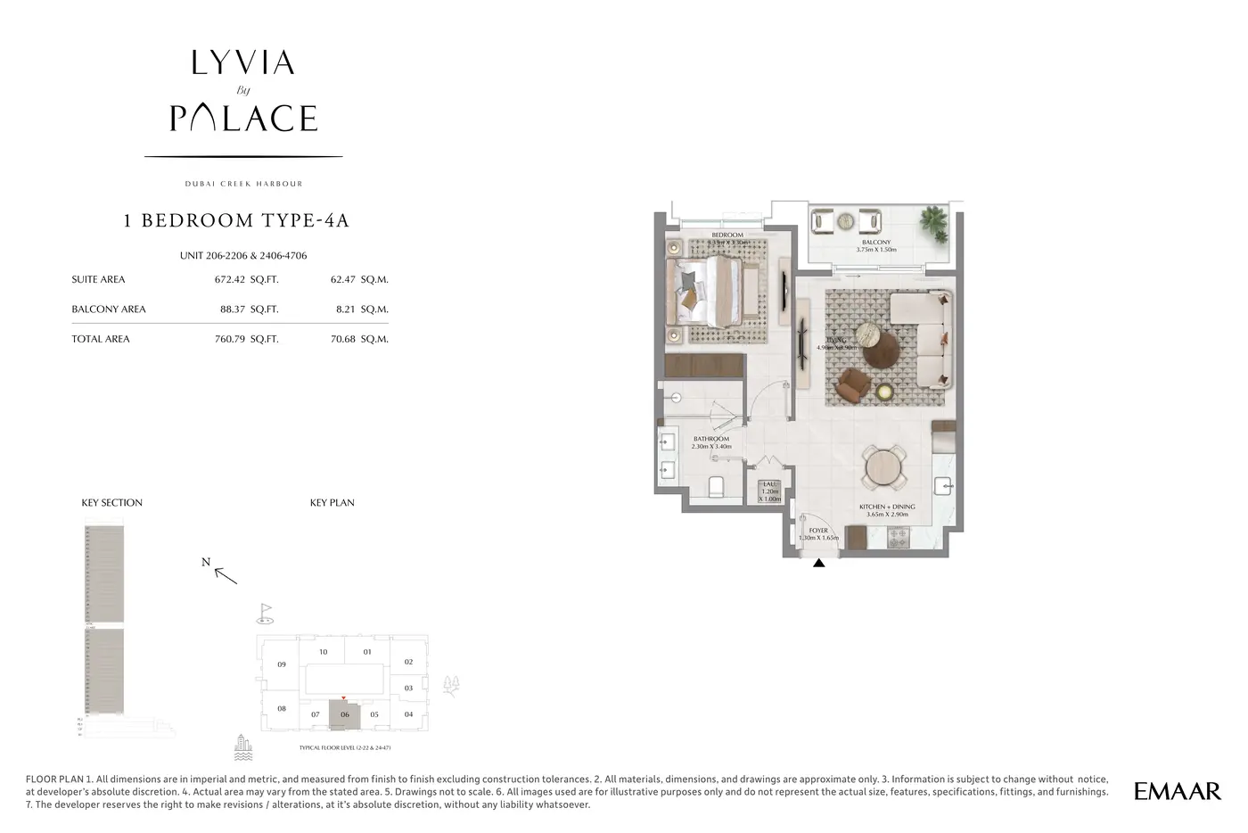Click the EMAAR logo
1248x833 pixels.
pos(1177,791)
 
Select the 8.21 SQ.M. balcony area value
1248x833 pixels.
pos(359,309)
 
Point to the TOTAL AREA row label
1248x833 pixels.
pos(101,339)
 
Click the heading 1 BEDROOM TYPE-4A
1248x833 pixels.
pos(236,220)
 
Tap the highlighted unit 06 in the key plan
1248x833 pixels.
pos(344,713)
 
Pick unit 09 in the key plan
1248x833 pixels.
pos(282,664)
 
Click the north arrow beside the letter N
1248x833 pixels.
pos(226,575)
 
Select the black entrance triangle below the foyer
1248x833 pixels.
pos(818,563)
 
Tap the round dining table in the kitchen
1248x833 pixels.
pos(883,466)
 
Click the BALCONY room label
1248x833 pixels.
pos(875,243)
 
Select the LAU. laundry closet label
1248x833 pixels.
pos(770,483)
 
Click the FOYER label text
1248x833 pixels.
pos(817,531)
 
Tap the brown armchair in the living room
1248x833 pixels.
pos(852,385)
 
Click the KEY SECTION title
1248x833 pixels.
pos(112,503)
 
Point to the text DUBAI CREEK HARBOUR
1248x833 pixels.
pos(243,184)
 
